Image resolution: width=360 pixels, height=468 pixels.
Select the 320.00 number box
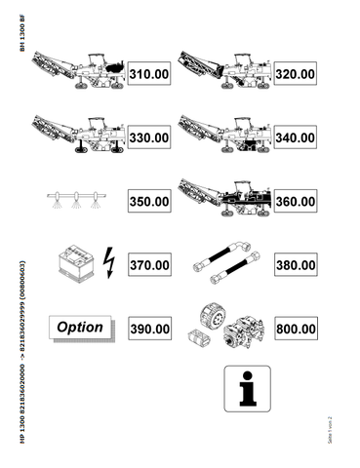click(x=294, y=73)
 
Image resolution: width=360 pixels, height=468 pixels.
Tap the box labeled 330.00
click(x=149, y=138)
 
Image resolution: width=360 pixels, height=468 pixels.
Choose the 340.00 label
click(x=294, y=138)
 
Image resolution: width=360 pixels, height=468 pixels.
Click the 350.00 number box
click(x=149, y=202)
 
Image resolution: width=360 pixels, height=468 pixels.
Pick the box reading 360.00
click(x=294, y=202)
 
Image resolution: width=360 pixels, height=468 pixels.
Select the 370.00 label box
click(x=149, y=264)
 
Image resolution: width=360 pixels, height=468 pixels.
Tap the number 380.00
click(x=294, y=264)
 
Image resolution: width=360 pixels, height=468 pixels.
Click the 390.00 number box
click(x=149, y=330)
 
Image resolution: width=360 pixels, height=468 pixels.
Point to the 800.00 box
click(x=294, y=330)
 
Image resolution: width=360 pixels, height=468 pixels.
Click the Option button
click(x=79, y=327)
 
